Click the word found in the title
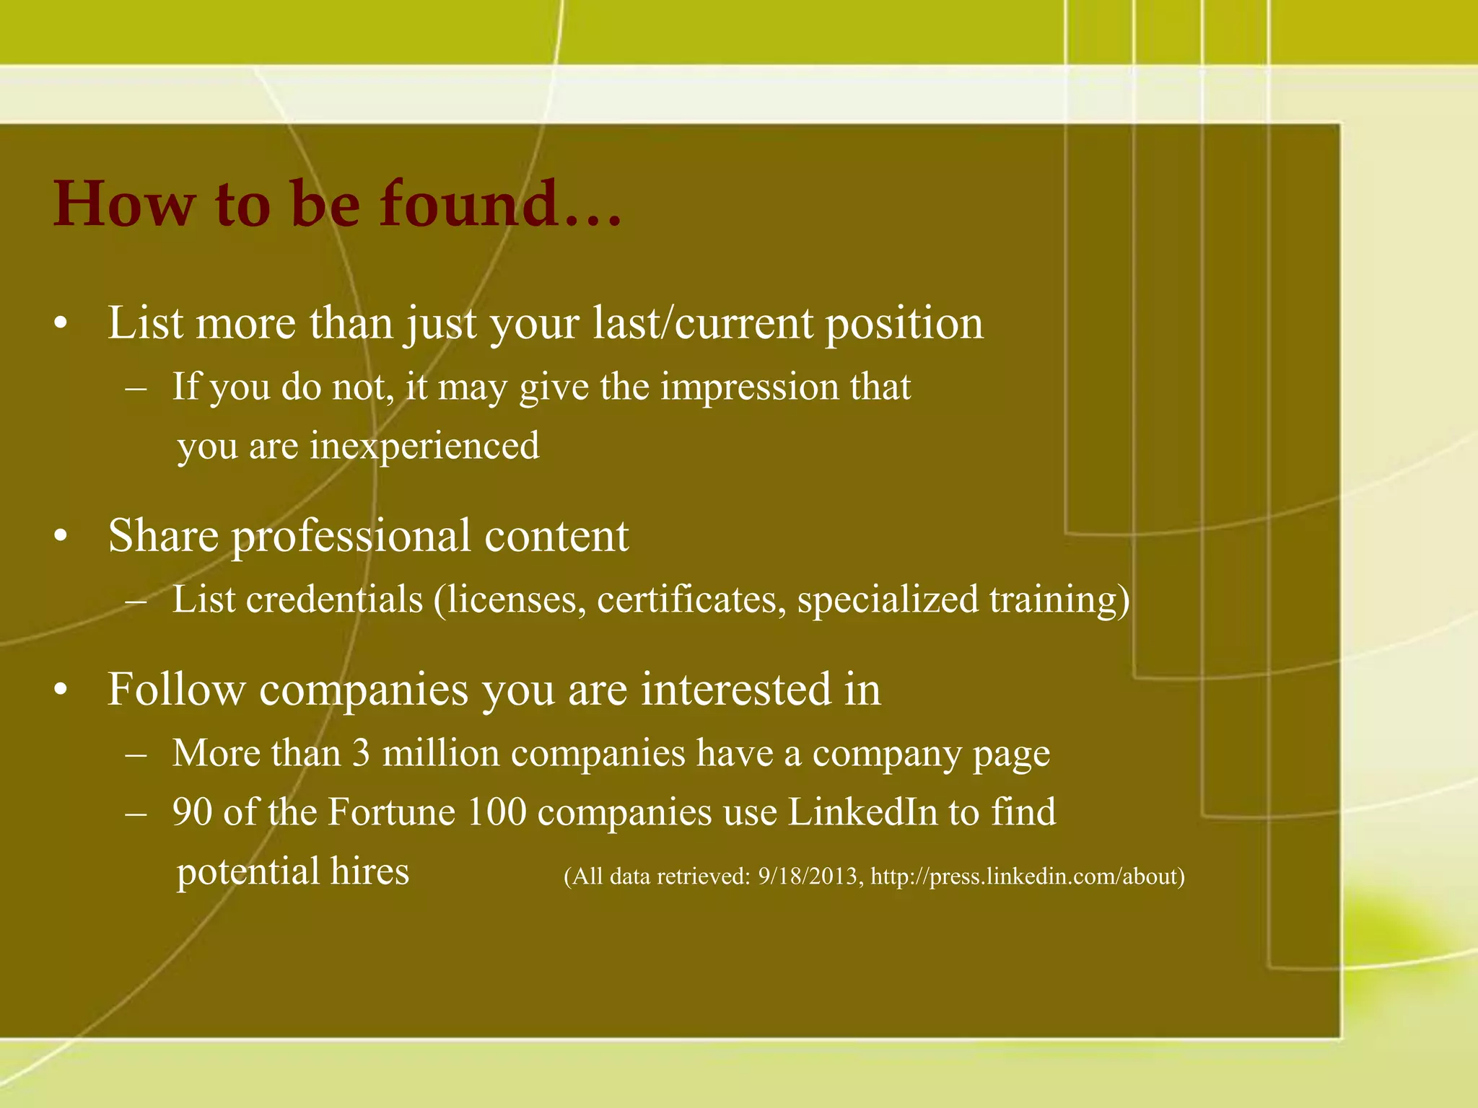point(499,203)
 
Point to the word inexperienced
point(424,446)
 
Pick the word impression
point(748,387)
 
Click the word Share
point(163,536)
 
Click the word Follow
point(177,689)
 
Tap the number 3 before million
point(362,754)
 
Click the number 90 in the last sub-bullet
point(193,812)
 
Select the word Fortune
point(392,812)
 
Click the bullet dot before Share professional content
point(61,537)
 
